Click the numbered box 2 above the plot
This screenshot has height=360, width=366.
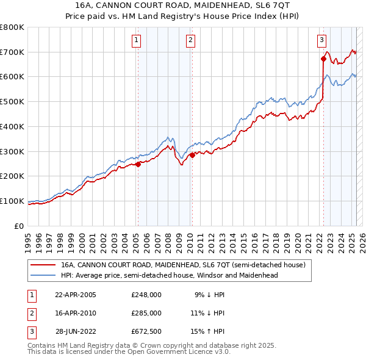point(190,41)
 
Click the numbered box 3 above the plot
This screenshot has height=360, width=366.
point(321,41)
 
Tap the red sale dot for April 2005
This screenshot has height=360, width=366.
point(138,164)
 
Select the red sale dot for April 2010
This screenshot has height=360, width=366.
point(192,155)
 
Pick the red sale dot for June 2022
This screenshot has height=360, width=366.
point(323,59)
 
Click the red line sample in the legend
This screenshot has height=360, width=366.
point(43,265)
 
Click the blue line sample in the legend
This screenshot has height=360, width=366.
point(43,275)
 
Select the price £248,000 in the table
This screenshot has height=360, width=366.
point(146,294)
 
